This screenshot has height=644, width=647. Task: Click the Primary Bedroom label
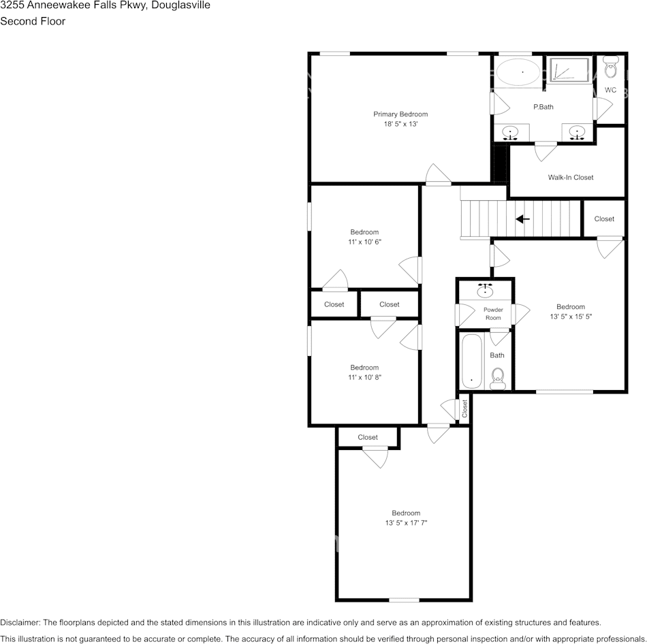(400, 114)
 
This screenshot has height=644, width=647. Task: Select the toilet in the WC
(611, 69)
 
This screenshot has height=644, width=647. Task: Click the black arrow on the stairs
(523, 219)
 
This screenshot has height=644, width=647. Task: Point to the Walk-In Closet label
(571, 178)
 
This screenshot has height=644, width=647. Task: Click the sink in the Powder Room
(485, 290)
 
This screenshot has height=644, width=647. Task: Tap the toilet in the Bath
(498, 376)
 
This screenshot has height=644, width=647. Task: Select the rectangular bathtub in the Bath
(472, 361)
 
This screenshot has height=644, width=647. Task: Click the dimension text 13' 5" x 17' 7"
(406, 523)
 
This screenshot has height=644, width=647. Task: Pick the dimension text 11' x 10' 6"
(364, 242)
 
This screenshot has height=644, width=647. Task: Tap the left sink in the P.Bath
(510, 132)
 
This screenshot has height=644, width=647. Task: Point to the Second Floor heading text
(33, 21)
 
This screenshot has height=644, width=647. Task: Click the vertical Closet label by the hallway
(465, 408)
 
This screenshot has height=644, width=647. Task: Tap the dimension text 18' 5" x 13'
(400, 124)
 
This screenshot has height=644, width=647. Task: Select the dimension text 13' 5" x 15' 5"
(570, 317)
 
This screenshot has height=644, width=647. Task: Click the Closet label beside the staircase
(604, 219)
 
